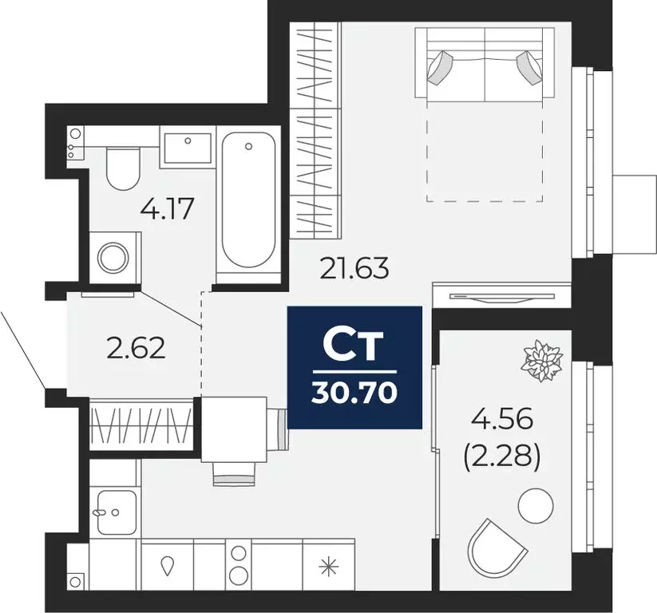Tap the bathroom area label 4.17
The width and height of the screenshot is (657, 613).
pyautogui.click(x=168, y=212)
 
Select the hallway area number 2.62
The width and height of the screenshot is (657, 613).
pyautogui.click(x=136, y=348)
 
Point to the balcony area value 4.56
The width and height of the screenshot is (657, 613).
pyautogui.click(x=502, y=419)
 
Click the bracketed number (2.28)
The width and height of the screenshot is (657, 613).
pyautogui.click(x=502, y=458)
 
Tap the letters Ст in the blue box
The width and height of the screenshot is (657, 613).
pyautogui.click(x=354, y=345)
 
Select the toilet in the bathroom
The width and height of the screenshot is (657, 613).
pyautogui.click(x=123, y=167)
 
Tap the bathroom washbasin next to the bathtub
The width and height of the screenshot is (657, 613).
pyautogui.click(x=188, y=148)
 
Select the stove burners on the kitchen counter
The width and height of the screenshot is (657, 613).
pyautogui.click(x=239, y=563)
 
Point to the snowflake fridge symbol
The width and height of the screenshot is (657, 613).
pyautogui.click(x=327, y=568)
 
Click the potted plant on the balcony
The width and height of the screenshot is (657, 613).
pyautogui.click(x=542, y=359)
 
